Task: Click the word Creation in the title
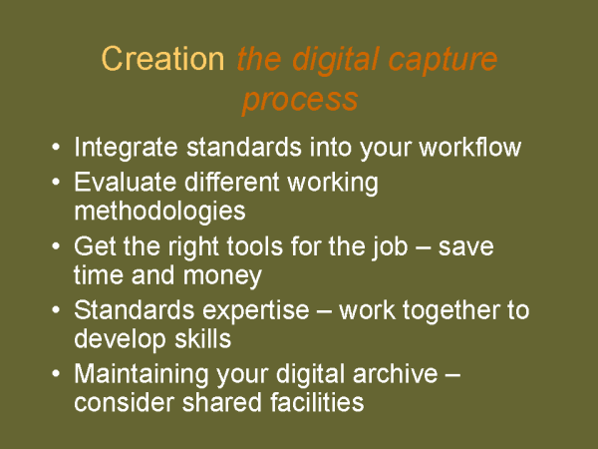pyautogui.click(x=163, y=59)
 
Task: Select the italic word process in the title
pyautogui.click(x=299, y=100)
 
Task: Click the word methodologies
pyautogui.click(x=159, y=212)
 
